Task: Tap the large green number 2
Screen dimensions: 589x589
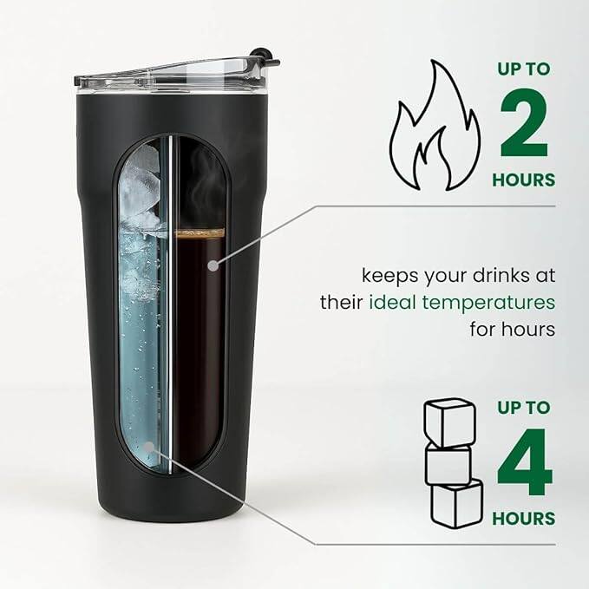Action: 523,127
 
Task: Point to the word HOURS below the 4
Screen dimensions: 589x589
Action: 523,519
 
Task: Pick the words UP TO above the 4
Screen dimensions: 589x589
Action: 523,407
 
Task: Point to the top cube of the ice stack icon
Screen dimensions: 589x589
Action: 448,422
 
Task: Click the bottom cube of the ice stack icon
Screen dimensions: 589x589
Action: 457,503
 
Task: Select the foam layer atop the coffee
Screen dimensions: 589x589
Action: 200,233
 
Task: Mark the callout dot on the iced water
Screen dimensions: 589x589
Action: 152,448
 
